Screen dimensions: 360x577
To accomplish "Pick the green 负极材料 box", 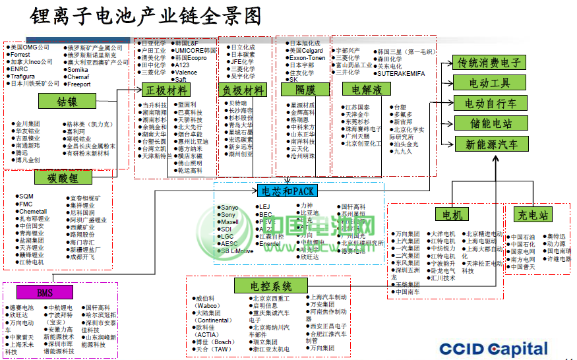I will pos(241,90).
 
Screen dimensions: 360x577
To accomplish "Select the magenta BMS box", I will pos(44,292).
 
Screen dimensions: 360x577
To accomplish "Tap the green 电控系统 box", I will pos(271,286).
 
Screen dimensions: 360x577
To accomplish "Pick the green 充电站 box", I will pos(531,214).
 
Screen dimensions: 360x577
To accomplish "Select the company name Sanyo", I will pos(229,207).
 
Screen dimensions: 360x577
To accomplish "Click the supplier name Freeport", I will pos(80,84).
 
